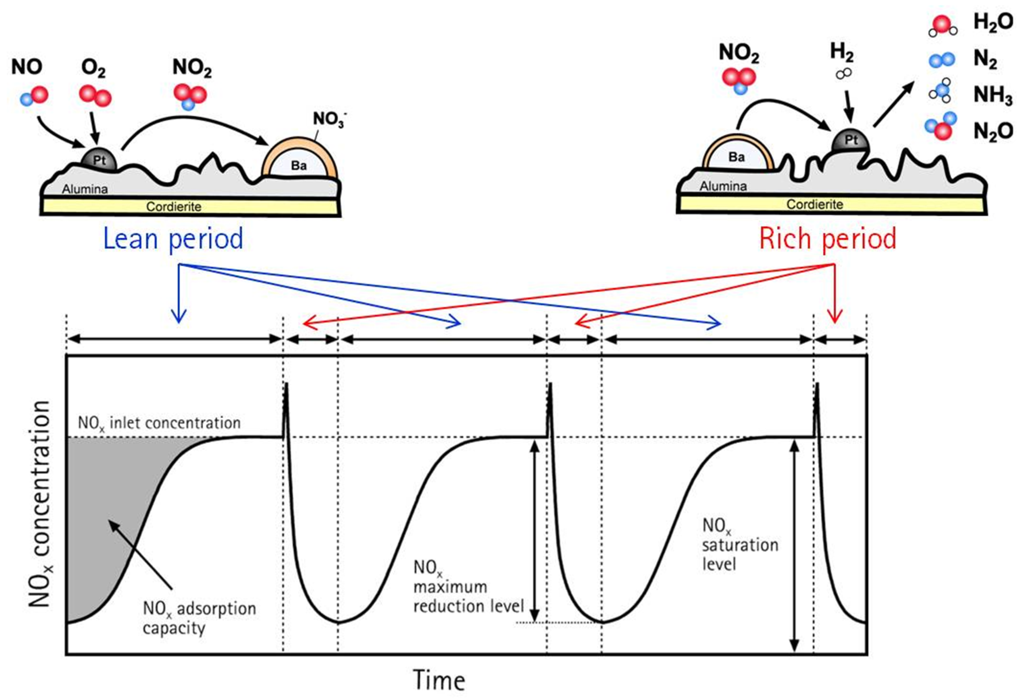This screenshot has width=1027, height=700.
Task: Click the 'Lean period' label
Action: (173, 239)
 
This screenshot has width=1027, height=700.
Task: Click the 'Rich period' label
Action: (827, 239)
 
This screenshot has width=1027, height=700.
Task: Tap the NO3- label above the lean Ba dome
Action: (330, 119)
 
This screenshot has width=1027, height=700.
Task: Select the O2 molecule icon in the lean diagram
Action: (95, 95)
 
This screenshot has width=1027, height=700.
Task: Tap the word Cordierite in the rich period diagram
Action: (814, 205)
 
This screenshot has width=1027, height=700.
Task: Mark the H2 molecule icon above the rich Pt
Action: (843, 74)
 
